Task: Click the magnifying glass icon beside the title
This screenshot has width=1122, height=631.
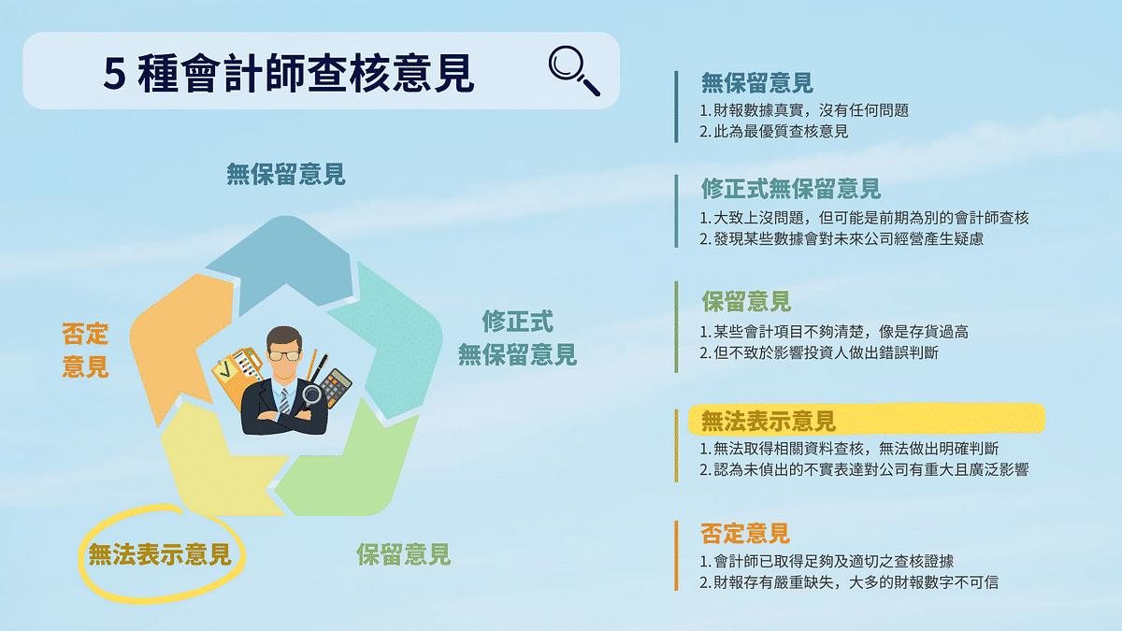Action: pyautogui.click(x=573, y=70)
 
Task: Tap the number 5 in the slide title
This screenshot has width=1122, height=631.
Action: pyautogui.click(x=113, y=75)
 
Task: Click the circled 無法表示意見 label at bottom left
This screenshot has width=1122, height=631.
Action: pyautogui.click(x=159, y=555)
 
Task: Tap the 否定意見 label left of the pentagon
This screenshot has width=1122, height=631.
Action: pyautogui.click(x=85, y=350)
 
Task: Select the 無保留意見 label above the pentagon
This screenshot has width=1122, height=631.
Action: pyautogui.click(x=285, y=174)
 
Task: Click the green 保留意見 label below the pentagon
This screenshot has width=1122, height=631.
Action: pyautogui.click(x=403, y=554)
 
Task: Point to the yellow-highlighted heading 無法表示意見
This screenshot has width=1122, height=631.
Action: pyautogui.click(x=769, y=421)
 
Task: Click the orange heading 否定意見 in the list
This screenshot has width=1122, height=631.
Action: pyautogui.click(x=745, y=534)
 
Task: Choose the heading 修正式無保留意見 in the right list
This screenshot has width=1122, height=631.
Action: pyautogui.click(x=791, y=190)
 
